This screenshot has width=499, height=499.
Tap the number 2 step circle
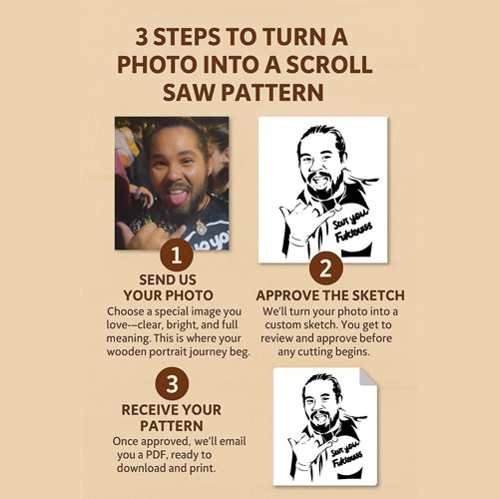[326, 268]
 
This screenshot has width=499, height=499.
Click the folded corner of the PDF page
[367, 377]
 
